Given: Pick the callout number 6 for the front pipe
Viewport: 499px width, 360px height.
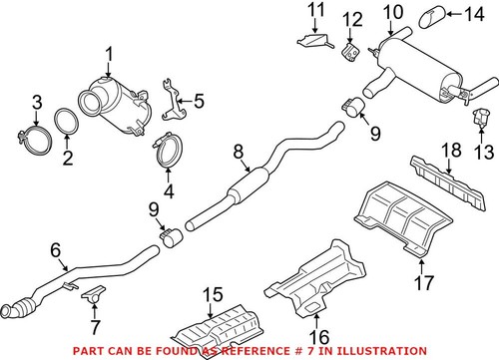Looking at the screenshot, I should tap(56, 252).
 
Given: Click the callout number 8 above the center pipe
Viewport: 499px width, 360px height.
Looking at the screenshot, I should tap(238, 152).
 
